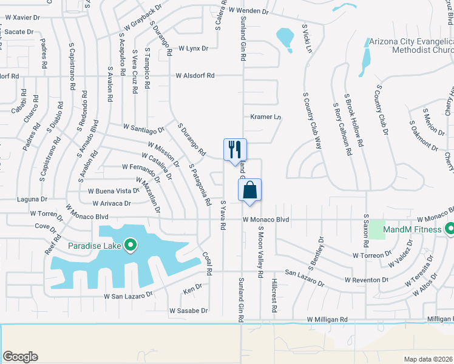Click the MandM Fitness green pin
click(449, 229)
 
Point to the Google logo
click(20, 357)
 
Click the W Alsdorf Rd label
click(195, 76)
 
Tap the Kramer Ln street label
click(266, 116)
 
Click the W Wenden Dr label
click(248, 11)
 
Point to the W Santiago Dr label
click(144, 128)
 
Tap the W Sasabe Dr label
click(188, 311)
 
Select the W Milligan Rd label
click(327, 319)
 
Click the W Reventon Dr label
click(366, 280)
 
